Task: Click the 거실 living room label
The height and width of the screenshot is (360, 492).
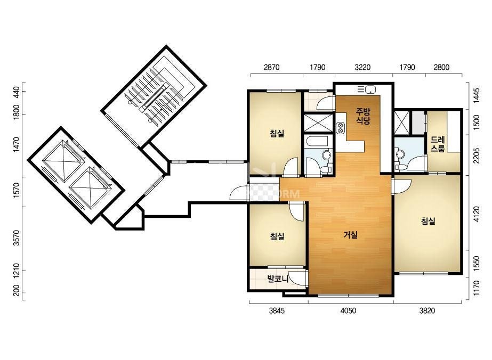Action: pos(351,234)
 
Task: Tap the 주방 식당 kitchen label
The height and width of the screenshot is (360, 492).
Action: pos(363,116)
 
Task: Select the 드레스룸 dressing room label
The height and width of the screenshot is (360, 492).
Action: pos(438,144)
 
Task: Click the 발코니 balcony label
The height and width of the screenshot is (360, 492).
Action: pos(278,279)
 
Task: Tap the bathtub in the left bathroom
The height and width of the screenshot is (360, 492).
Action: pos(318,142)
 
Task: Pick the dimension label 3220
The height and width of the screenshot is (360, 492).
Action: pos(362,67)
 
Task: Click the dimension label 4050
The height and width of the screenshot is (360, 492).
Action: pos(348,310)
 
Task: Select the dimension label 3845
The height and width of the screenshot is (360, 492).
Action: pos(277,310)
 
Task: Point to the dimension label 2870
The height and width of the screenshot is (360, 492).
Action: pos(271,67)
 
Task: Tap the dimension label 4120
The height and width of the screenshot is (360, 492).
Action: pos(477,214)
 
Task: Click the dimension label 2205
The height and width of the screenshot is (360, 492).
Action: pos(477,155)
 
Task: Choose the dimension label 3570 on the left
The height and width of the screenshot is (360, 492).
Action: pos(17,238)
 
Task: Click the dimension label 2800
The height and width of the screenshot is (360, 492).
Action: pos(441,67)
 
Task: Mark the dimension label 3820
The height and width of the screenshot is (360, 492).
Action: pos(428,310)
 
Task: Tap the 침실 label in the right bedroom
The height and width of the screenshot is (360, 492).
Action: pos(428,222)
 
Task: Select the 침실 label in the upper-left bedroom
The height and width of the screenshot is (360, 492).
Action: pos(277,134)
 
